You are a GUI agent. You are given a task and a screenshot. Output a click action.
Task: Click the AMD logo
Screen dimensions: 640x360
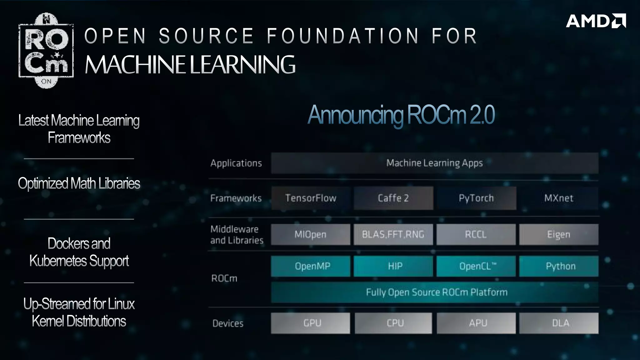coord(596,21)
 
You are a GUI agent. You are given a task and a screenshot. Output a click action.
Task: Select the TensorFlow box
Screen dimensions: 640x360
coord(311,198)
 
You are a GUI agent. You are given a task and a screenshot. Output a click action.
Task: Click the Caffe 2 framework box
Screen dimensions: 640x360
coord(393,198)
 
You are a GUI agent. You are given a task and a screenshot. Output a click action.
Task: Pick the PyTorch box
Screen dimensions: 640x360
coord(476,198)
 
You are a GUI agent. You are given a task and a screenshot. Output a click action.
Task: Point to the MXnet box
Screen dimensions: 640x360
coord(559,198)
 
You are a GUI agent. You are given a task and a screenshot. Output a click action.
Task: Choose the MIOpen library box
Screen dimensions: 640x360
coord(310,234)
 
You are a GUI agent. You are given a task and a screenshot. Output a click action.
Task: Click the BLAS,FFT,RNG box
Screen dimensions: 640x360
coord(393,234)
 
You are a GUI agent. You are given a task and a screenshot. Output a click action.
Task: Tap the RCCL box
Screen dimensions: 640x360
coord(476,234)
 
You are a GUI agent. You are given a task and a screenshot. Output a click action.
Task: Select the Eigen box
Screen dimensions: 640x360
coord(559,234)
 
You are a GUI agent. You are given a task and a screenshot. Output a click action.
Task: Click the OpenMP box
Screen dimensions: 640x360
coord(310,266)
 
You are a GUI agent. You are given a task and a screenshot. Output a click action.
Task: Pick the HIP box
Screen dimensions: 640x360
coord(393,266)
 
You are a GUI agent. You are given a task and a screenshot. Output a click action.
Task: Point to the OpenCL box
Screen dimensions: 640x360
coord(476,266)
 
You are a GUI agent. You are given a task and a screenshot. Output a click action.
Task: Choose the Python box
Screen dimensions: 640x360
coord(559,266)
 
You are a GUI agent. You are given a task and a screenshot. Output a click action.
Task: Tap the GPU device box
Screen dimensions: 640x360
coord(310,323)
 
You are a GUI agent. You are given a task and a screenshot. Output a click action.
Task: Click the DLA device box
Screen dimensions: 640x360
coord(559,323)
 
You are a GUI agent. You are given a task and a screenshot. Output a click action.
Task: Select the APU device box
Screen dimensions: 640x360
coord(476,323)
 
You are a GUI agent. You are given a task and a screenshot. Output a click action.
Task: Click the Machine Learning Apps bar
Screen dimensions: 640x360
coord(435,163)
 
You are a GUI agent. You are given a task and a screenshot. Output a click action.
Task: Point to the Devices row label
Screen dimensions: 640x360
coord(228,323)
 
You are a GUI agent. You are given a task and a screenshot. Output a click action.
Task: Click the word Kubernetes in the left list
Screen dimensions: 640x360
coord(57,261)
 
